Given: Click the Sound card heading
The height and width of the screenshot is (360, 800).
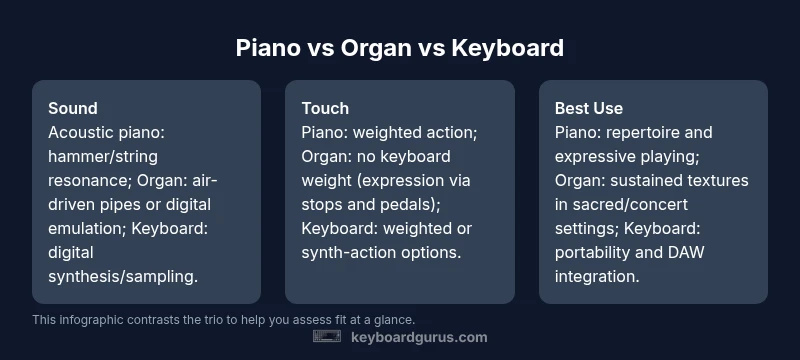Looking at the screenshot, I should coord(73,108).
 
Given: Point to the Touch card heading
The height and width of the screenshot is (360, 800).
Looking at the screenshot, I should coord(325,108).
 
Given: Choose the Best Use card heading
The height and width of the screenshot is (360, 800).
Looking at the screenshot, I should coord(589,108).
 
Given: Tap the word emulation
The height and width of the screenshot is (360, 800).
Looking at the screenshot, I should coord(87,228).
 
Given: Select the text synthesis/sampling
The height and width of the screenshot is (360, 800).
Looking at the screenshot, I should coord(123,276).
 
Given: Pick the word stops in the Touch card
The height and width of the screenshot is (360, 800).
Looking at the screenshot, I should coord(322,204).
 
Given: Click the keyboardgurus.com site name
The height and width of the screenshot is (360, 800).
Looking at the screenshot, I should coord(419,337).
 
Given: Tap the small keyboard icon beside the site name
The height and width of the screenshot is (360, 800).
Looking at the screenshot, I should coord(327,337).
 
